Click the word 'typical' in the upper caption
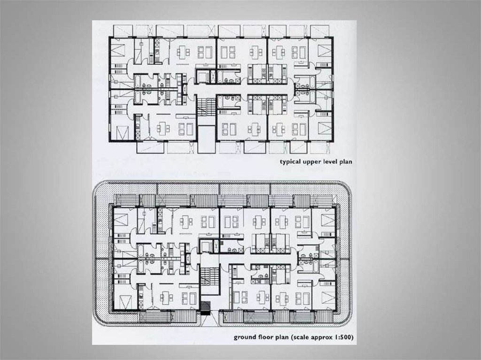(x=290, y=161)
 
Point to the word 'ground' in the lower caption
(x=244, y=337)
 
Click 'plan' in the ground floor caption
(x=282, y=337)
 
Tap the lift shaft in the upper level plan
(x=202, y=77)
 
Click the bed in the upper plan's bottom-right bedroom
(x=324, y=129)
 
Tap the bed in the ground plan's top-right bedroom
(x=327, y=221)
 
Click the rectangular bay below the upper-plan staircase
(x=206, y=140)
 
